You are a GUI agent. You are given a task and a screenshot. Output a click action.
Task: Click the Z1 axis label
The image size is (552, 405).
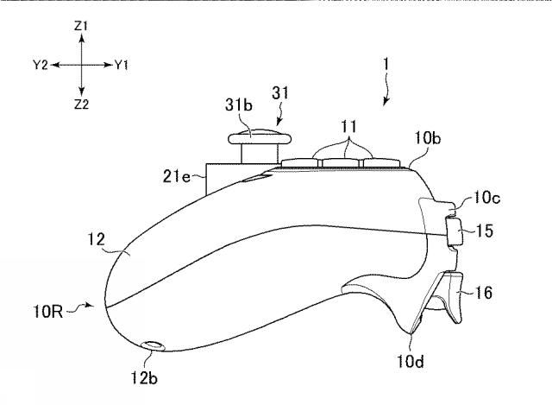[81, 28]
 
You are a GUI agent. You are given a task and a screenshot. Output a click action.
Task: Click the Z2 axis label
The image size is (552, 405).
[81, 104]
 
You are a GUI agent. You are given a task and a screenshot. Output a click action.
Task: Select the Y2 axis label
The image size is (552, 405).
[40, 66]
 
